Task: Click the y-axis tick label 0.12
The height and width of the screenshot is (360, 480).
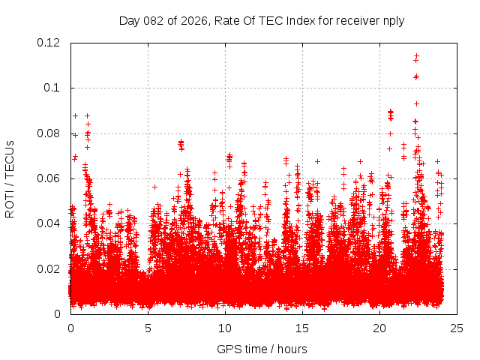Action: click(49, 43)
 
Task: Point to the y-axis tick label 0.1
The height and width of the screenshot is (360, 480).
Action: click(53, 88)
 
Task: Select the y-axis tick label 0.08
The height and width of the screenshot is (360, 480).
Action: click(49, 133)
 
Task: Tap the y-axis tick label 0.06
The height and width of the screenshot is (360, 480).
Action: click(49, 178)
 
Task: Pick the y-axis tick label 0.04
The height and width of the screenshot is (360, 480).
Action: click(49, 223)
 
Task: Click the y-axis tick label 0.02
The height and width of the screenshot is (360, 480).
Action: click(49, 268)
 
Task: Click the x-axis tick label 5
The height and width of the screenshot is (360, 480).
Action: click(148, 328)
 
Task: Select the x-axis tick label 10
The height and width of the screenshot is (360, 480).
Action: click(225, 328)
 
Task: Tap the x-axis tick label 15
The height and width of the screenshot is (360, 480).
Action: click(302, 328)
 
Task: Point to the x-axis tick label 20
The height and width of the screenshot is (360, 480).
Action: click(379, 328)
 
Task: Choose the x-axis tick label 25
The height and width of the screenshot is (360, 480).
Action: click(457, 328)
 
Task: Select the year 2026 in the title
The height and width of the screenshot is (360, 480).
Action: click(194, 20)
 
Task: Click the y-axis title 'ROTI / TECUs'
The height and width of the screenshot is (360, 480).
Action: click(10, 178)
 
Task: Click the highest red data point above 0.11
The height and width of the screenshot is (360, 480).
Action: click(416, 55)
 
